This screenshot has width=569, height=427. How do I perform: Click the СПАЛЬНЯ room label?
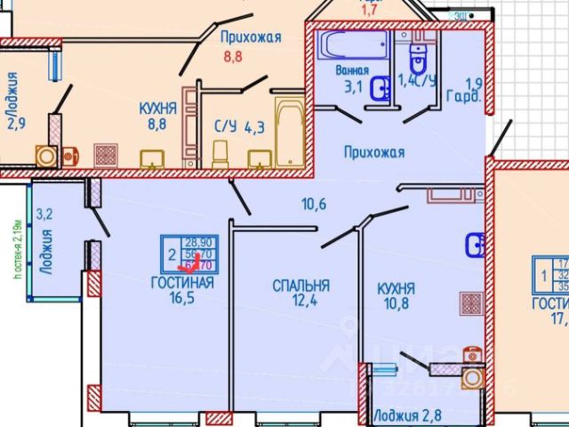click(301, 286)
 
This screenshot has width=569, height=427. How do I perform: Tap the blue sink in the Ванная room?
click(382, 88)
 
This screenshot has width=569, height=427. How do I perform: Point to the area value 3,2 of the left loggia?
click(44, 213)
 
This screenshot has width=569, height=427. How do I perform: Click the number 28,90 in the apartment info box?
click(197, 241)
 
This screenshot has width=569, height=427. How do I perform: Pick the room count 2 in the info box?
click(170, 251)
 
